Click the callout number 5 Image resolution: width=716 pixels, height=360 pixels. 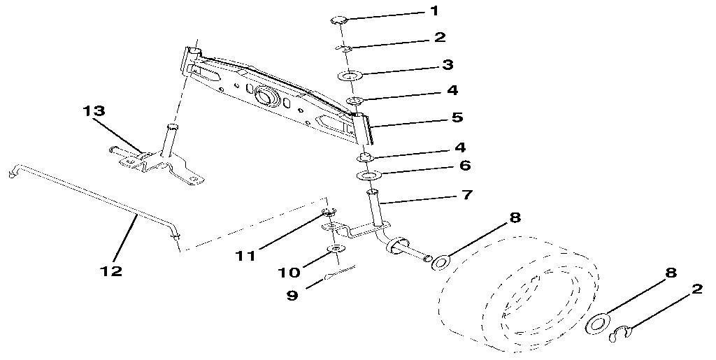click(457, 117)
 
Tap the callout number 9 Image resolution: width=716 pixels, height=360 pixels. click(293, 295)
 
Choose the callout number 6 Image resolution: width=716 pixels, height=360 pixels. click(465, 166)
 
